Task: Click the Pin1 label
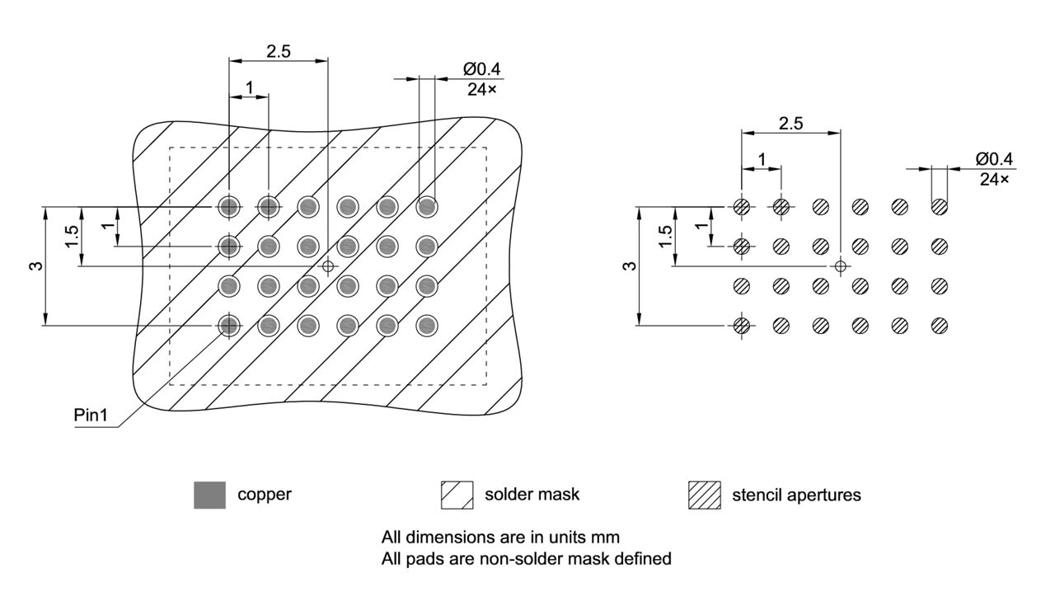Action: [91, 415]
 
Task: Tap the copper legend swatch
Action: [209, 495]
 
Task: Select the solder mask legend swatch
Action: [457, 495]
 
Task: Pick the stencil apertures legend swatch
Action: [705, 495]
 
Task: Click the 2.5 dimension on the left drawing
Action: [278, 50]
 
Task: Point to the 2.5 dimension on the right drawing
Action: [790, 123]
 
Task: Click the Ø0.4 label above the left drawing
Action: [481, 70]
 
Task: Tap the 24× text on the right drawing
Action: [994, 178]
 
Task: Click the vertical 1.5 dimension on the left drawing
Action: [73, 237]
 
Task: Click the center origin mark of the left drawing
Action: [328, 266]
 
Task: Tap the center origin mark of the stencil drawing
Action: [840, 265]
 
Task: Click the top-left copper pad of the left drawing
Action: [229, 206]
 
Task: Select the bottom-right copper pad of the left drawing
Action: [426, 326]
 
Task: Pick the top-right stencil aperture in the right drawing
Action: [939, 206]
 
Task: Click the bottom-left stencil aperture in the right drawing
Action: [742, 326]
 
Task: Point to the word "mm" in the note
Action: [607, 537]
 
